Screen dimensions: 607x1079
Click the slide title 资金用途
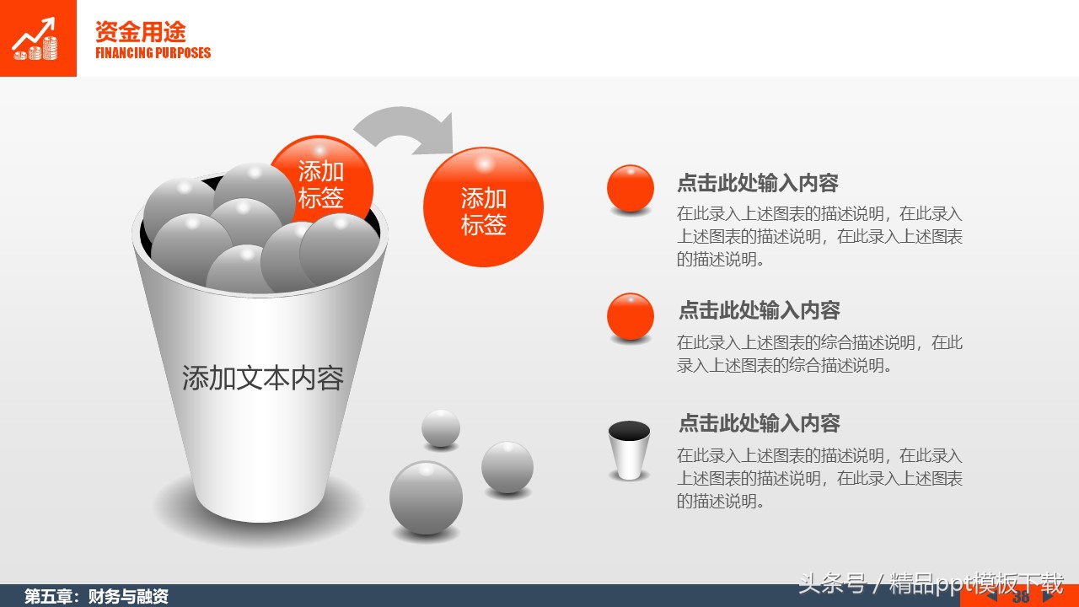coord(140,32)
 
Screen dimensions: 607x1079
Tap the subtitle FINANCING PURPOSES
coord(153,53)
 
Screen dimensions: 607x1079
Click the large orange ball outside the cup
coord(483,207)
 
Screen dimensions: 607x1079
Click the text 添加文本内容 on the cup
coord(262,378)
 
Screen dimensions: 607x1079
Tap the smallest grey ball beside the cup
coord(441,428)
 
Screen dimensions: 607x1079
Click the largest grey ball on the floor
coord(426,497)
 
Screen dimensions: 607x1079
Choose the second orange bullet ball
coord(631,316)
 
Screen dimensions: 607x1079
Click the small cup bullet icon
coord(629,450)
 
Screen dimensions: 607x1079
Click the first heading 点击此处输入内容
coord(758,183)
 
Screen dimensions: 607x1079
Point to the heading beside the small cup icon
coord(760,422)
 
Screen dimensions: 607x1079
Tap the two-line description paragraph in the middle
coord(819,354)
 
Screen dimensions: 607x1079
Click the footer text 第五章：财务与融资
coord(96,597)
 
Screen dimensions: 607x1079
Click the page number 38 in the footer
coord(1021,598)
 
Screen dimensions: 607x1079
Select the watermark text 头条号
coord(832,583)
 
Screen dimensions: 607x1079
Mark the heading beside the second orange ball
coord(760,310)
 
